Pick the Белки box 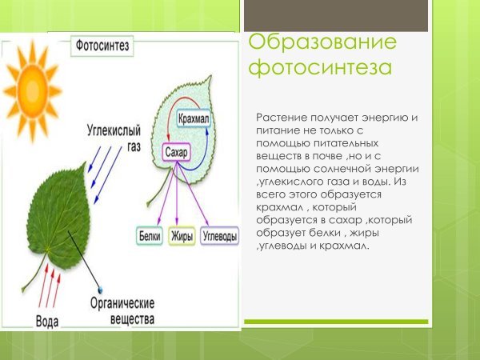pos(150,237)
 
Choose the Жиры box pos(183,237)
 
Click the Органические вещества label pos(123,310)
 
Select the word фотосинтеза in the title pos(320,69)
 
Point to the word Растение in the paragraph pos(281,118)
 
